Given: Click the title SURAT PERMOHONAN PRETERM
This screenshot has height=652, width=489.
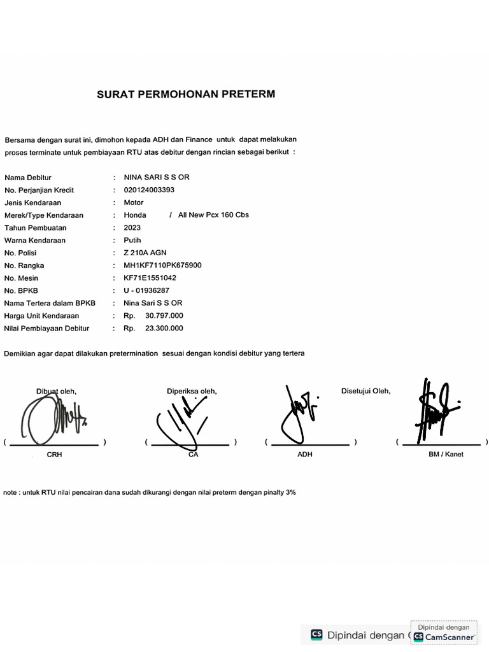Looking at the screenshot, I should point(186,94).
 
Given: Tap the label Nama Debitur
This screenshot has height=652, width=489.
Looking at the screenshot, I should point(28,178).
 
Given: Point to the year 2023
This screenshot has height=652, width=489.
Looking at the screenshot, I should point(132,227).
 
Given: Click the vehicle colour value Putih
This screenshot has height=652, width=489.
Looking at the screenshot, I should point(132,240).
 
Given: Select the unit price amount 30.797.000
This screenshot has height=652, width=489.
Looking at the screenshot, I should point(164,316).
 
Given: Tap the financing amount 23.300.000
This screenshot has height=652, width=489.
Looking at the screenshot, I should point(164,329).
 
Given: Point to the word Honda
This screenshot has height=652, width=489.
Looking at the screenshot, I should point(135,215).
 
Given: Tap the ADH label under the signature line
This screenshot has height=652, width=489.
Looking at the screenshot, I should point(305,455).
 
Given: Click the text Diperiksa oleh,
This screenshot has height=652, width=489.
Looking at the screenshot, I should point(192,391).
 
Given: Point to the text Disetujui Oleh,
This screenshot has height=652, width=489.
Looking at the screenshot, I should point(366,391).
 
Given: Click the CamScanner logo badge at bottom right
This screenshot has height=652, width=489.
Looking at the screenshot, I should point(445,636).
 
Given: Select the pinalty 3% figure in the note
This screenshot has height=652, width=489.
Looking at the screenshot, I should point(290,492).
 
